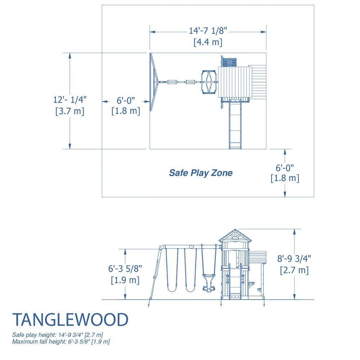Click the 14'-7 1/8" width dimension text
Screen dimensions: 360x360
[x=208, y=31]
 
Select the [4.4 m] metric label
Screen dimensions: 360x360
[x=208, y=42]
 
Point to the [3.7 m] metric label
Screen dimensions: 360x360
[x=70, y=111]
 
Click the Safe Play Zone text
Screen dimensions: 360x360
[x=201, y=173]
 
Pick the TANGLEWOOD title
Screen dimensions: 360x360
[x=70, y=320]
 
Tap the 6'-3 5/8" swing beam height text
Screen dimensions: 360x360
[x=125, y=268]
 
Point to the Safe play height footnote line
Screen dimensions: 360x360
[x=58, y=335]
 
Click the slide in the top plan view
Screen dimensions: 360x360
[x=235, y=124]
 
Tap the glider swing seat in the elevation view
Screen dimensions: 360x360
[x=208, y=280]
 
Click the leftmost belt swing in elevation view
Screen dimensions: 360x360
[x=171, y=270]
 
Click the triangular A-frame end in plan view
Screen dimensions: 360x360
[x=154, y=82]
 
